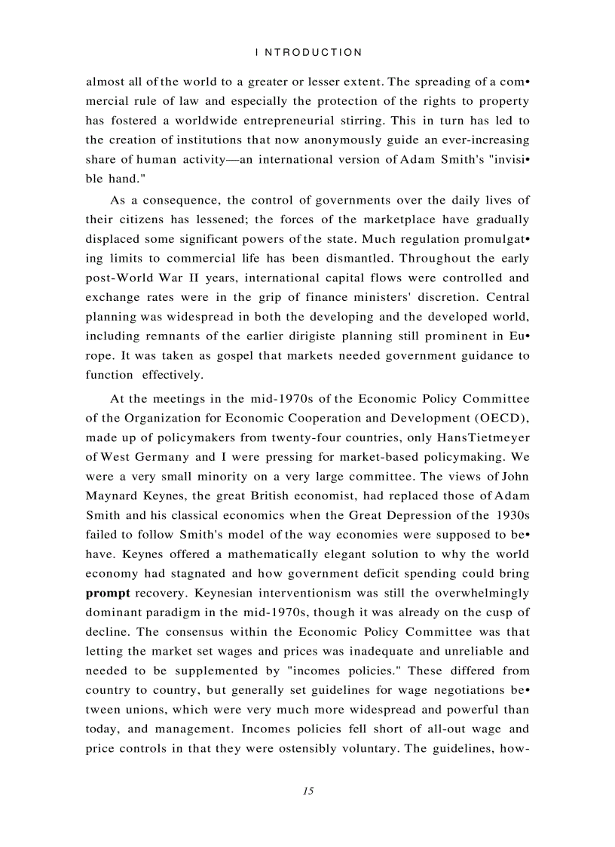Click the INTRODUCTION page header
[309, 53]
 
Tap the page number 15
[307, 791]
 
